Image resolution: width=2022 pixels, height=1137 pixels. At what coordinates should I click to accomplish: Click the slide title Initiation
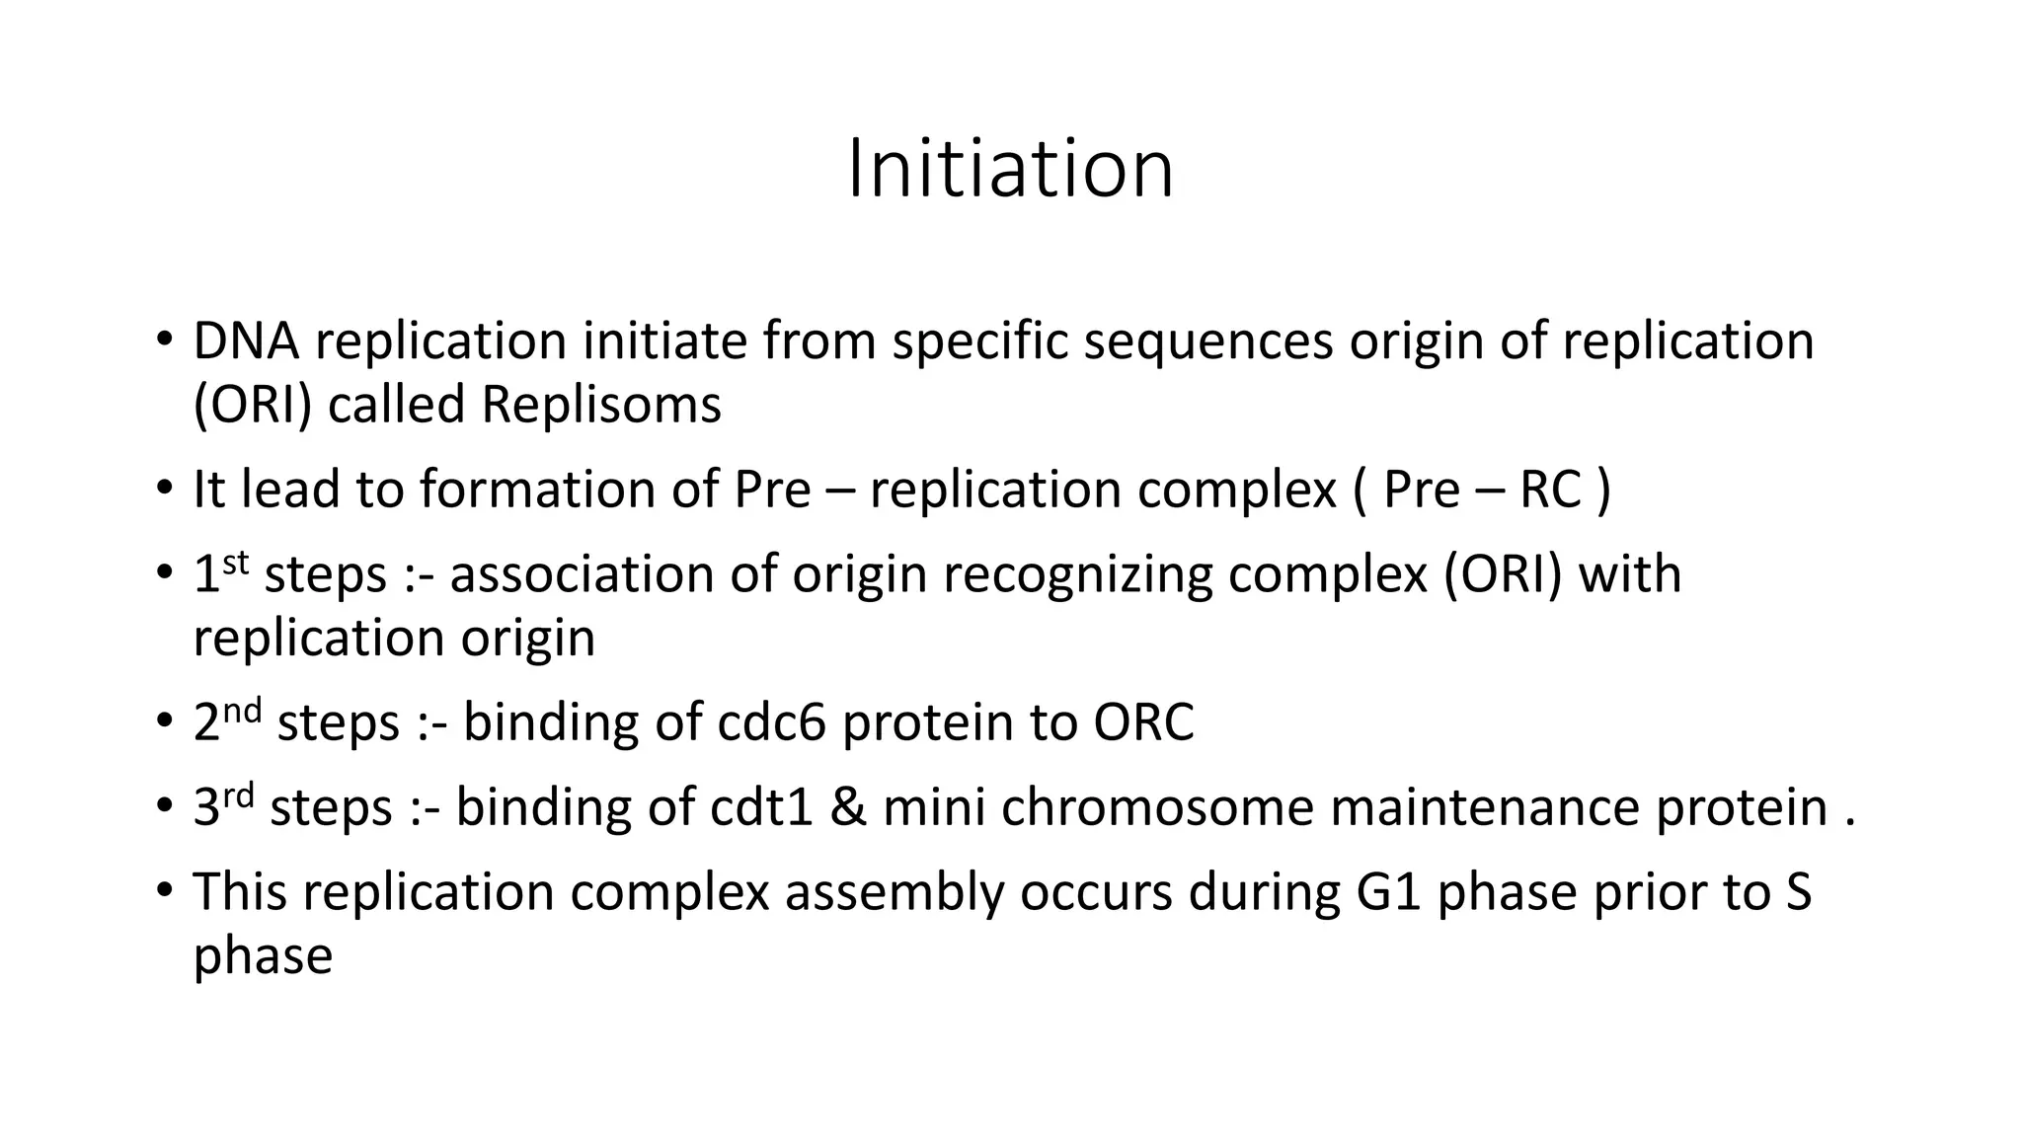1010,169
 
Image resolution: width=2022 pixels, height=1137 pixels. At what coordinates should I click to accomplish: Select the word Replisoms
601,406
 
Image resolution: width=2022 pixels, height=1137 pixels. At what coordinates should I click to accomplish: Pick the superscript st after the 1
235,563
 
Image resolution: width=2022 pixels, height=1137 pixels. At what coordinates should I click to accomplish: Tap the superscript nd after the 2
242,711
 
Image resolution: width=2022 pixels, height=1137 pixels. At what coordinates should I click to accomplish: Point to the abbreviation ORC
1143,722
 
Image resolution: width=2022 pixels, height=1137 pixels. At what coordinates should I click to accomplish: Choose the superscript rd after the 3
238,796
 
